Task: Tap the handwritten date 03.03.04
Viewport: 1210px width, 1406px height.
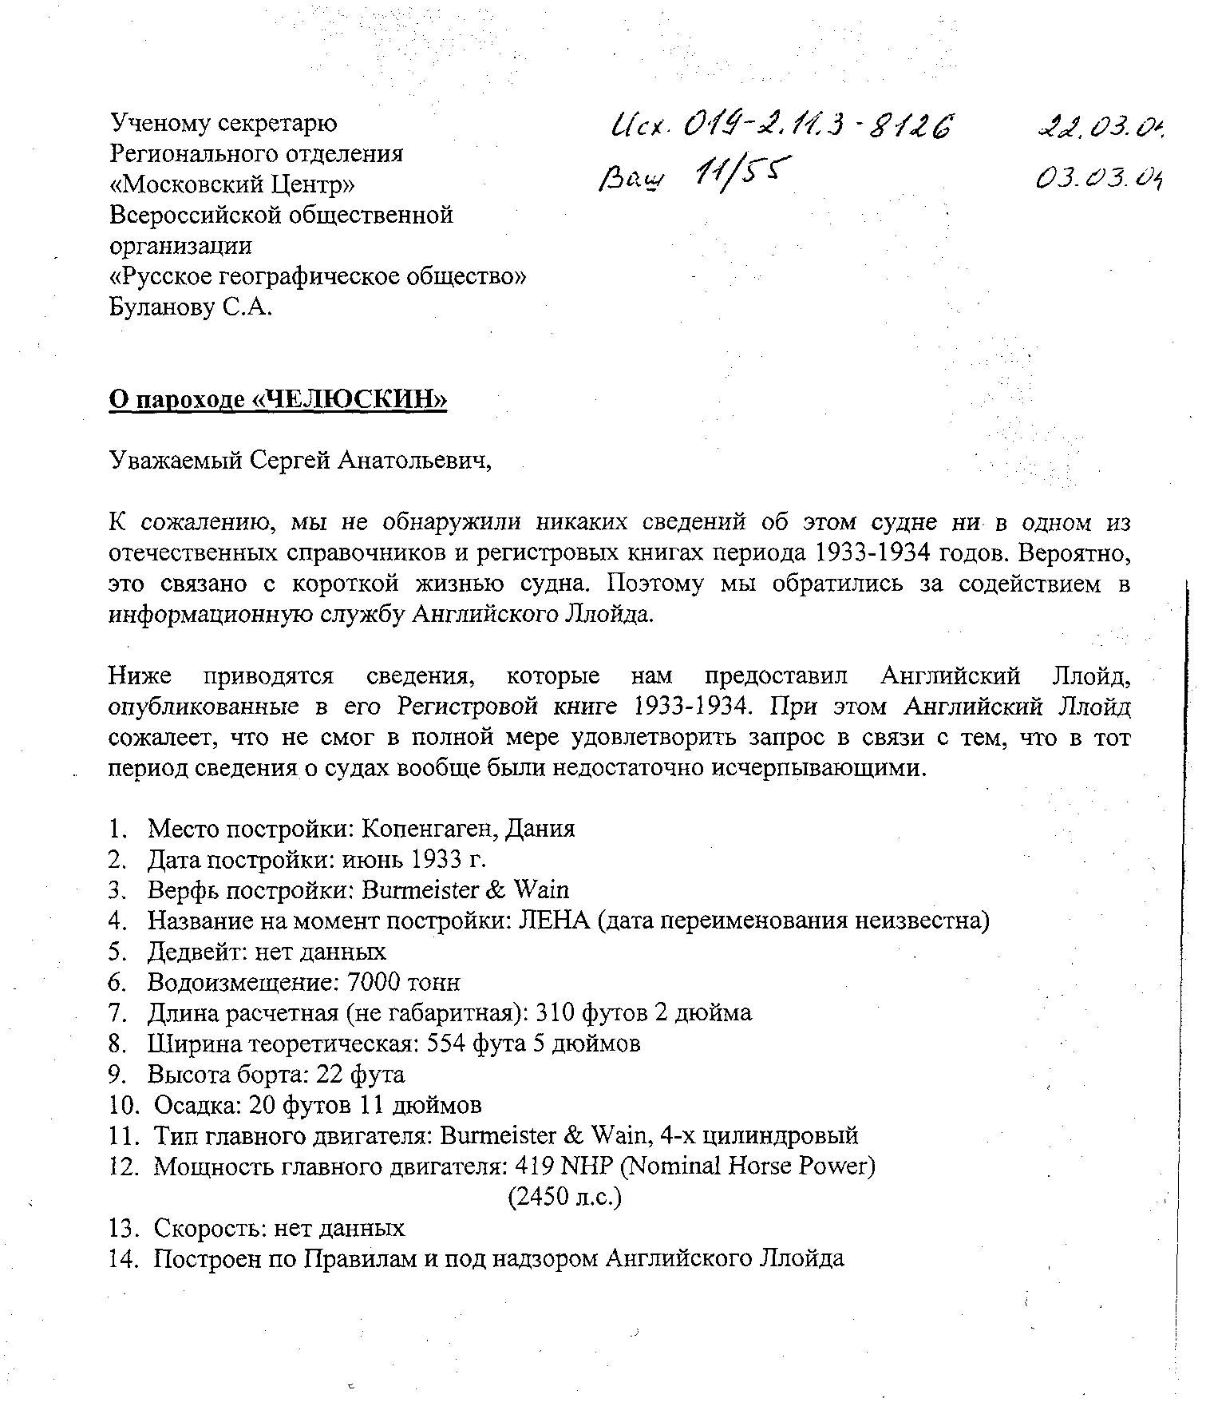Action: point(1099,177)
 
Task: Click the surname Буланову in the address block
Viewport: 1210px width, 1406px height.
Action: point(162,307)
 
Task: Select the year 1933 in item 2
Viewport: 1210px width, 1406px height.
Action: point(437,859)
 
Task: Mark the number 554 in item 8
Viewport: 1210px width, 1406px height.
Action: point(448,1044)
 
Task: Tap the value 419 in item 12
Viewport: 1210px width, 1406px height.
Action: point(535,1166)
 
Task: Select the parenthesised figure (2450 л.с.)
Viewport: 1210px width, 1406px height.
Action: point(564,1197)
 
